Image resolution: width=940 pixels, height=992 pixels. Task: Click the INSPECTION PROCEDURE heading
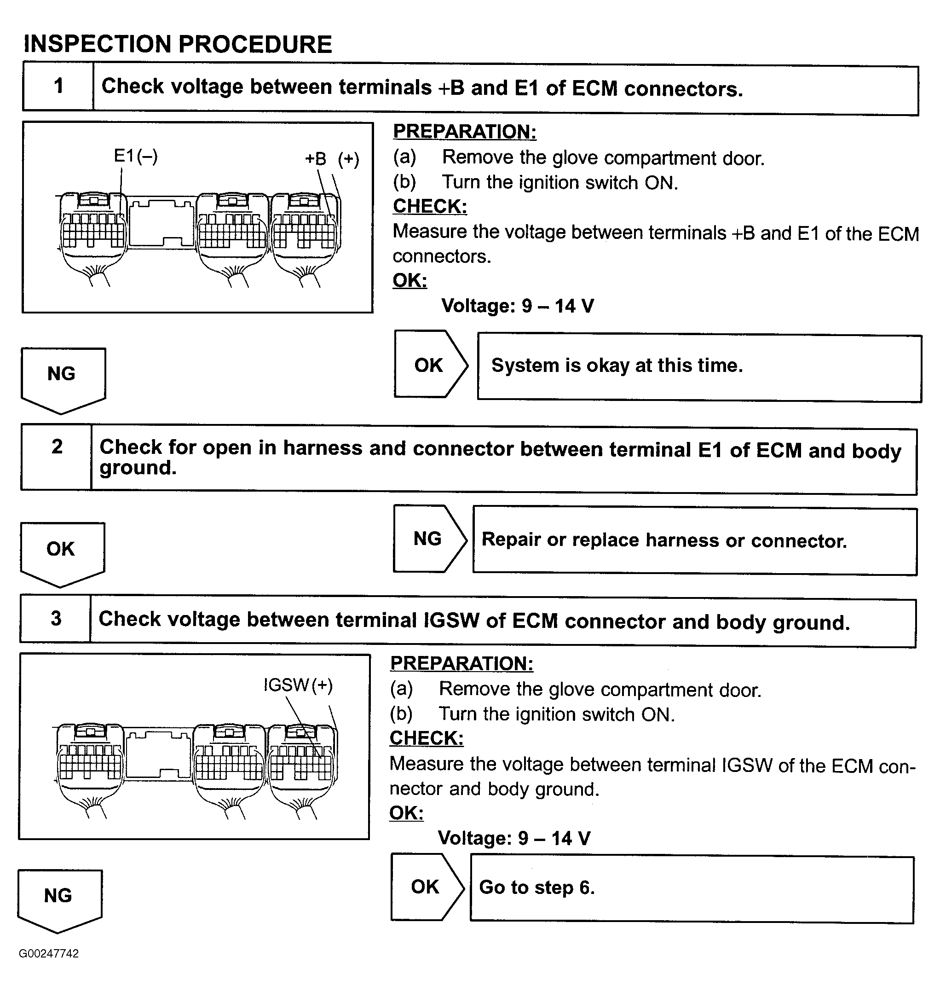(x=178, y=44)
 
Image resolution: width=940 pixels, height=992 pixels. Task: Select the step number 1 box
(x=58, y=86)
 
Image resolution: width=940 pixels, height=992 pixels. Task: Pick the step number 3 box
(x=56, y=619)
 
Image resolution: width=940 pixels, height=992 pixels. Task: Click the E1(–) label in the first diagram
(x=135, y=156)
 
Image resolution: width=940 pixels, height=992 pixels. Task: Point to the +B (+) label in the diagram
(x=332, y=159)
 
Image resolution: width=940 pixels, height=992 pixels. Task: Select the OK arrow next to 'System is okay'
(x=429, y=365)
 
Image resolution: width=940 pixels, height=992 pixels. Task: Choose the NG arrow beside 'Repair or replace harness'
(x=428, y=539)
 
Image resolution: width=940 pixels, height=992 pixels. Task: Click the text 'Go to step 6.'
(x=536, y=887)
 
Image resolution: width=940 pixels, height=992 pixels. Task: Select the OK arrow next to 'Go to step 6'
(x=426, y=887)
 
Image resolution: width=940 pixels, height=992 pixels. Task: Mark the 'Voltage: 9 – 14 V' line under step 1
(x=517, y=306)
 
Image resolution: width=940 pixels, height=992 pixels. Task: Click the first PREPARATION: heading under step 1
(x=465, y=132)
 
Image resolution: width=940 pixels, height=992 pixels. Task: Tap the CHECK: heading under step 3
(x=427, y=738)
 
